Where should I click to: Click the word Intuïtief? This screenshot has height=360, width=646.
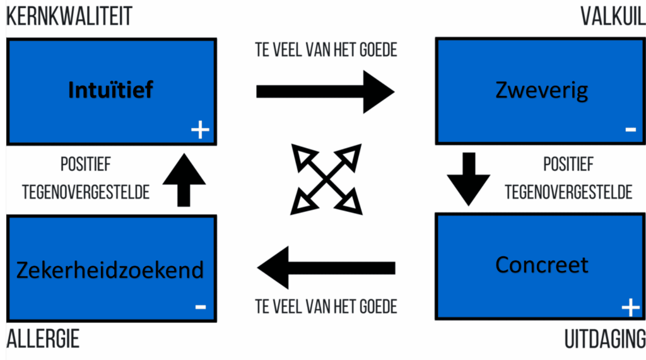pos(110,90)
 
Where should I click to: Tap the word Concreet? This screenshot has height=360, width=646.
pos(542,264)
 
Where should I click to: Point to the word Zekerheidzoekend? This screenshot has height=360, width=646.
pos(110,270)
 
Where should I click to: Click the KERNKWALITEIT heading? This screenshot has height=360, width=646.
pos(69,17)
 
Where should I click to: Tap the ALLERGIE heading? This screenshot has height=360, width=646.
pos(43,339)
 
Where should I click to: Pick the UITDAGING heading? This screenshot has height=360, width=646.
pos(604,339)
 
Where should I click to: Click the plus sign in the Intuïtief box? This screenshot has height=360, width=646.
pos(200,130)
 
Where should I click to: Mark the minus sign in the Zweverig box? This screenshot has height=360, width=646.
pos(630,130)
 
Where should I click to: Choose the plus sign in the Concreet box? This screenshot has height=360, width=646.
pos(630,308)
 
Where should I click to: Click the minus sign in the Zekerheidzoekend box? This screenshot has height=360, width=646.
pos(200,307)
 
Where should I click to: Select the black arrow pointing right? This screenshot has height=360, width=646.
pos(325,91)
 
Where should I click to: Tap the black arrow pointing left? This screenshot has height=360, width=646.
pos(325,268)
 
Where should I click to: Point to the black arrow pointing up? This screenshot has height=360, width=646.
pos(184,180)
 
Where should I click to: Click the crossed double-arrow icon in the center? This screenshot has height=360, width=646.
pos(326,178)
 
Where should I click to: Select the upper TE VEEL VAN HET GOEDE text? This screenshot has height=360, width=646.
pos(326,49)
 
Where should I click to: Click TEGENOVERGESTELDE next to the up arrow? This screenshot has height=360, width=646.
pos(86,191)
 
